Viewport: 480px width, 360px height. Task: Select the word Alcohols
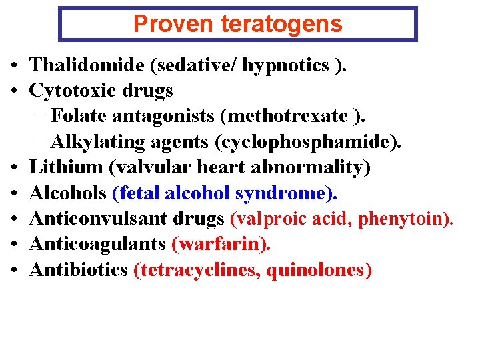pyautogui.click(x=69, y=193)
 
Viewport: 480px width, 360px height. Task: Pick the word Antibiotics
pyautogui.click(x=79, y=269)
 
